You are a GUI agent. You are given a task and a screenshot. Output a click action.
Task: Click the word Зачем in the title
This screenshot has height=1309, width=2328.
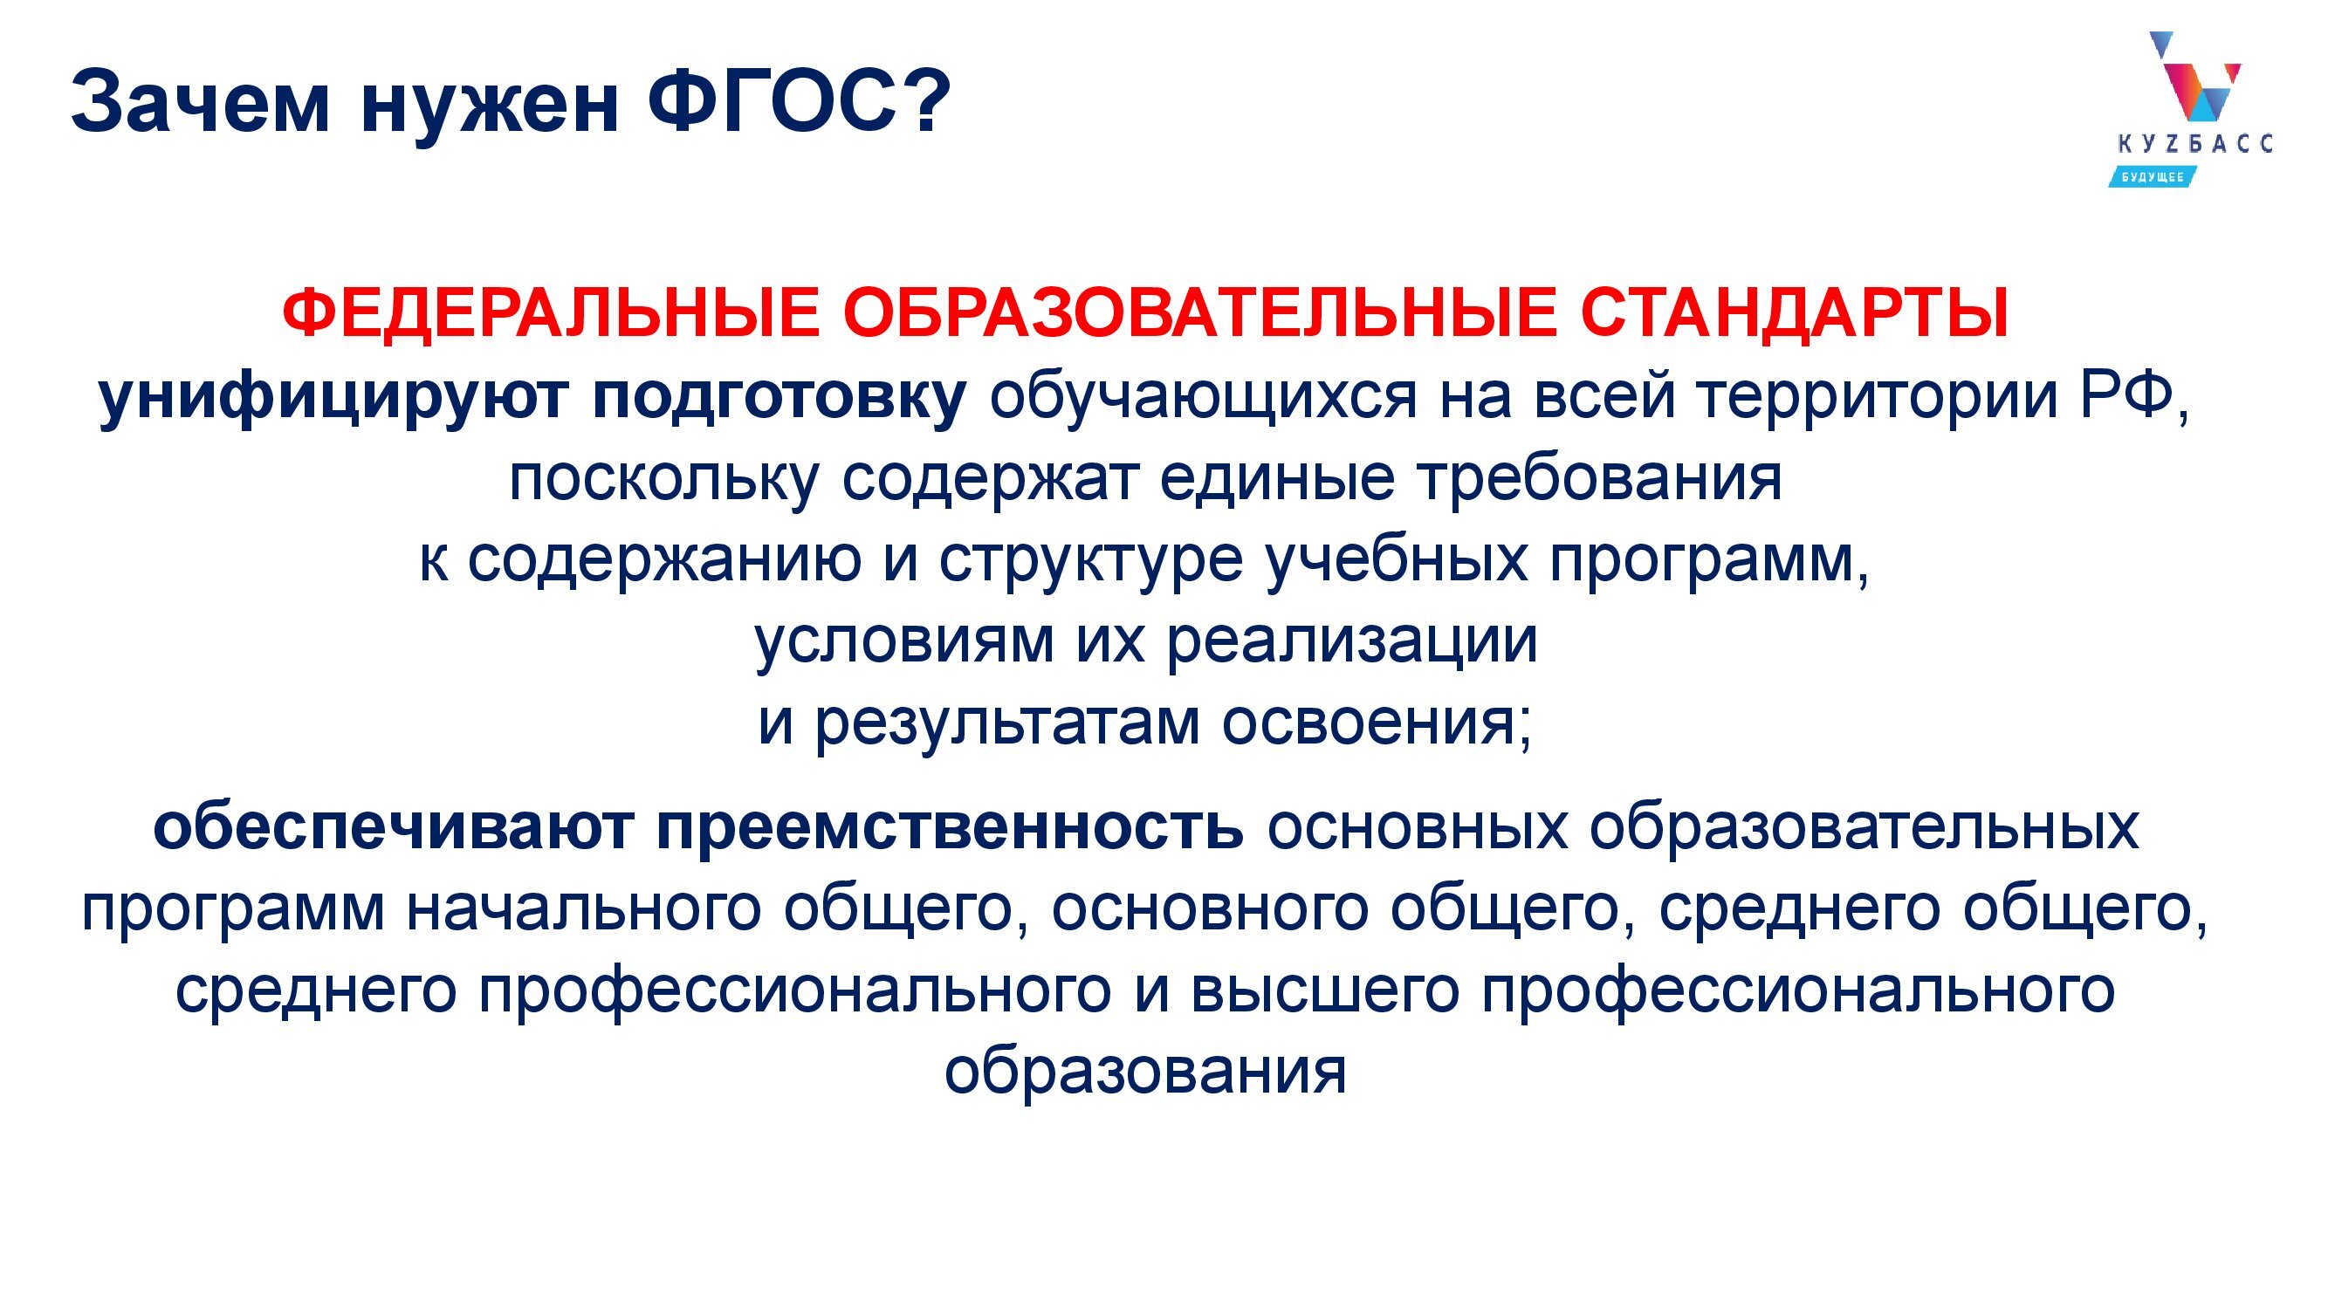[x=200, y=102]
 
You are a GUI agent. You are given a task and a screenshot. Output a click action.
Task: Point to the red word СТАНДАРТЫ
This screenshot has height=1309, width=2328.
[x=1794, y=313]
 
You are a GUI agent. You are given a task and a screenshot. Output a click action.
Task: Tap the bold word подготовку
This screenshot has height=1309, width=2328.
[x=779, y=397]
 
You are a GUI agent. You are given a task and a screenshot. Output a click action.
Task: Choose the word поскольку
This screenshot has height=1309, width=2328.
[x=664, y=478]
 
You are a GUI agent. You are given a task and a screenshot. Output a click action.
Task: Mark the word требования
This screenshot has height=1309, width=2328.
[x=1600, y=478]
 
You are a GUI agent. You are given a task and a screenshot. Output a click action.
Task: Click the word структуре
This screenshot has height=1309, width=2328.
[x=1091, y=560]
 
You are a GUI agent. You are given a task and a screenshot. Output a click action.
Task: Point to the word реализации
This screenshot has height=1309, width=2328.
[x=1352, y=642]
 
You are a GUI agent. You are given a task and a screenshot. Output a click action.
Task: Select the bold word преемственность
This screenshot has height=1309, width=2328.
[x=950, y=827]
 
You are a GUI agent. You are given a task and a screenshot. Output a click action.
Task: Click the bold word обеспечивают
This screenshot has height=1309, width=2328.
[x=393, y=827]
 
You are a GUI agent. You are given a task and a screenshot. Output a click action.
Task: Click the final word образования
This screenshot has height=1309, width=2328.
[x=1145, y=1072]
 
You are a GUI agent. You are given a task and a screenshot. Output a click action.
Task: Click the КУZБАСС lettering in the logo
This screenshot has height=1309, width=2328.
[x=2194, y=144]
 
